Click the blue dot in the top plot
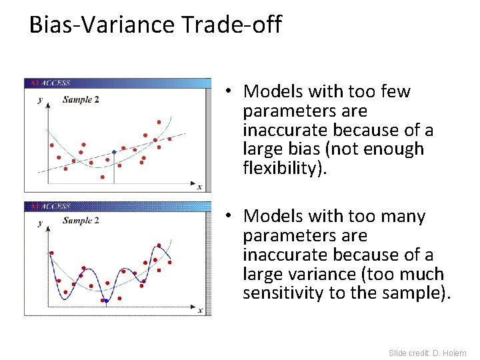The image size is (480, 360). (x=114, y=153)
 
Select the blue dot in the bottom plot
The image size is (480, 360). (x=105, y=301)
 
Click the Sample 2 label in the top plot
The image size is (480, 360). (x=81, y=100)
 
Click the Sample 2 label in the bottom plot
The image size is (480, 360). (x=81, y=221)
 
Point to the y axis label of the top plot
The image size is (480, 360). (x=40, y=100)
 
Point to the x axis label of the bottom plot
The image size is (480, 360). (x=199, y=309)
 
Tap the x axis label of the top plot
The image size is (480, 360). (x=199, y=187)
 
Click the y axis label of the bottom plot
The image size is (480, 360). (x=40, y=223)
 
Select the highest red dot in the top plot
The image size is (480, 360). (x=159, y=122)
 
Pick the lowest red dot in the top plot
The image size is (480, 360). (x=102, y=177)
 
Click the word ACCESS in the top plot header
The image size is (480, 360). (x=56, y=83)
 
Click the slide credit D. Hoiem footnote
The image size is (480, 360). (x=427, y=353)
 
